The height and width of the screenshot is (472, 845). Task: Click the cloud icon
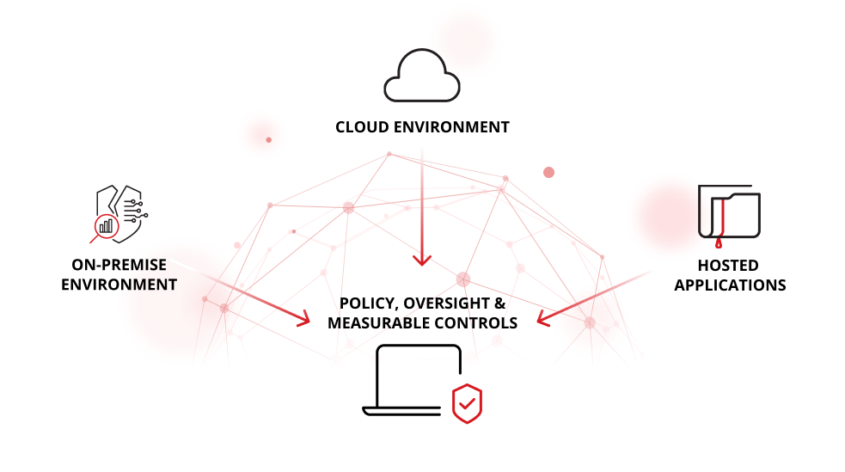[x=421, y=74]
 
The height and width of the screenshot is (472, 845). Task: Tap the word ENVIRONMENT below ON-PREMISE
[x=119, y=285]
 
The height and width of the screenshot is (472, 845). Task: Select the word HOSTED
[x=729, y=266]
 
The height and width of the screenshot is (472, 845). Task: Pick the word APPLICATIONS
[x=730, y=285]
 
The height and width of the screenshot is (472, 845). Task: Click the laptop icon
[x=411, y=380]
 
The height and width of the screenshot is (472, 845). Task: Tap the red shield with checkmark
[x=467, y=402]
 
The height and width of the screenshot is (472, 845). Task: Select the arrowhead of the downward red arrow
[x=421, y=259]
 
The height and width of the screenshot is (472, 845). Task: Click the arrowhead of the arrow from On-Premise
[x=303, y=319]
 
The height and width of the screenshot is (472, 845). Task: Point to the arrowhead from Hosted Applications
[x=543, y=319]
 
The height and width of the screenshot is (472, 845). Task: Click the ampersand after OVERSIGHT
[x=499, y=303]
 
